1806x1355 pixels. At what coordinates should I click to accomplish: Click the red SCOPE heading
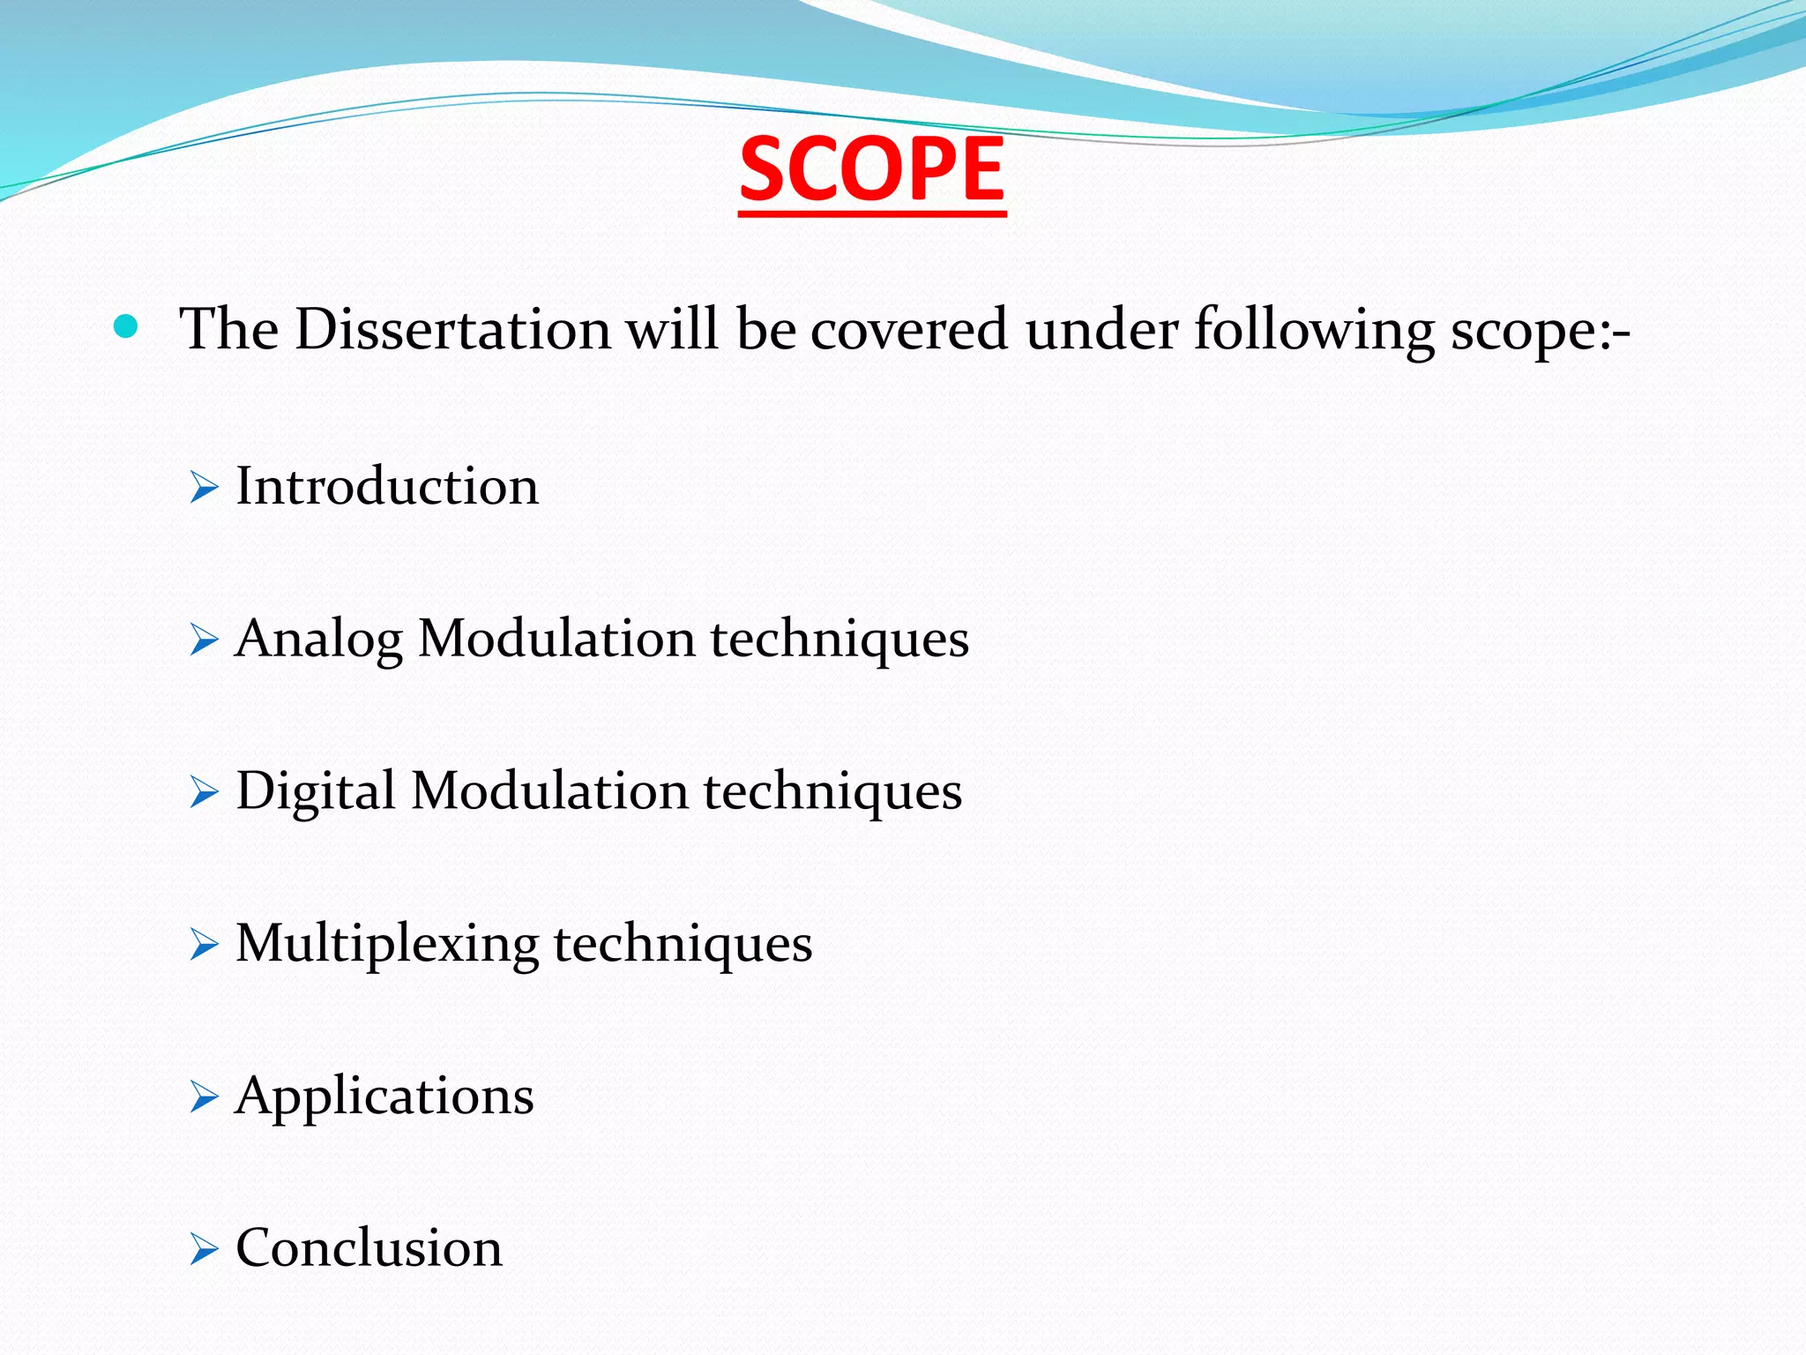click(x=872, y=169)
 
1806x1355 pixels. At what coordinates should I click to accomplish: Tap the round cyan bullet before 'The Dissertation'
click(x=126, y=327)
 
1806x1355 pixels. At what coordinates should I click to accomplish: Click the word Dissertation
click(x=452, y=330)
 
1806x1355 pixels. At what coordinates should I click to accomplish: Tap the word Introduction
click(x=387, y=486)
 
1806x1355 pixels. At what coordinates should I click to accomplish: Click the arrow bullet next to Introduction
click(x=203, y=487)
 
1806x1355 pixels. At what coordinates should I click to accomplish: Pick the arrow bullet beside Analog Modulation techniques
click(x=203, y=640)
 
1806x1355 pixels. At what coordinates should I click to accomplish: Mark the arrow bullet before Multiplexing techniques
click(x=203, y=945)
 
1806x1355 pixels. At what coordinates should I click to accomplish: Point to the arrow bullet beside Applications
click(x=203, y=1097)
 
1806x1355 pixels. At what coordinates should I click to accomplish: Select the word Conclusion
click(x=369, y=1248)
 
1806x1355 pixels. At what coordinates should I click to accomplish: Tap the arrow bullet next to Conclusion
click(x=203, y=1249)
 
